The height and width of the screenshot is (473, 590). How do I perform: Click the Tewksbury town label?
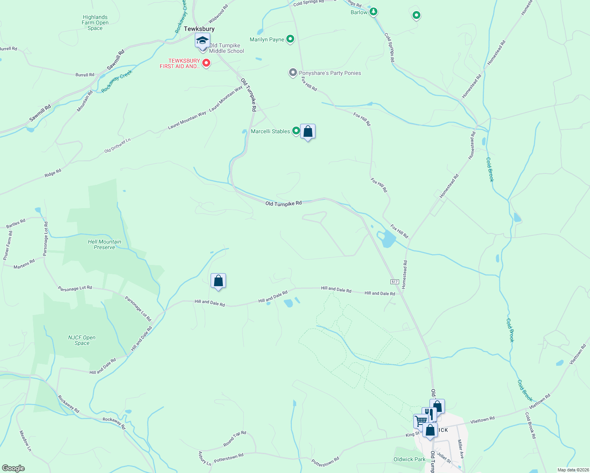pyautogui.click(x=199, y=29)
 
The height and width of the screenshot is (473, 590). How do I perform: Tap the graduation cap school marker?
pyautogui.click(x=203, y=41)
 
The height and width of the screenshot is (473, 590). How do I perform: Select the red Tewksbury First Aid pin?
pyautogui.click(x=206, y=63)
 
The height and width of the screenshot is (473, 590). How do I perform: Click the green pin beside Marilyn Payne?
pyautogui.click(x=290, y=39)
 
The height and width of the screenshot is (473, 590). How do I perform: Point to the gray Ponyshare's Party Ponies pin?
pyautogui.click(x=293, y=73)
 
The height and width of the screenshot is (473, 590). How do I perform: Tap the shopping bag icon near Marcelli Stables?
pyautogui.click(x=308, y=131)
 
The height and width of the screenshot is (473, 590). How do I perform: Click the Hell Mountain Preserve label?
pyautogui.click(x=105, y=244)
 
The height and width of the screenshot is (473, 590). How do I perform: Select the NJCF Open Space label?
pyautogui.click(x=82, y=340)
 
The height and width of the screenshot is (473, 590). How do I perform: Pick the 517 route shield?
pyautogui.click(x=395, y=282)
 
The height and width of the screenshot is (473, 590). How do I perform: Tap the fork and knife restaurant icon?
pyautogui.click(x=429, y=414)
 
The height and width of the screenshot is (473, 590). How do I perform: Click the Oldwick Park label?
pyautogui.click(x=409, y=459)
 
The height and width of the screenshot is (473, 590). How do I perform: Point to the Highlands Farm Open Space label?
pyautogui.click(x=95, y=22)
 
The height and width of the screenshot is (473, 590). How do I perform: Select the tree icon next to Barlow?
pyautogui.click(x=373, y=12)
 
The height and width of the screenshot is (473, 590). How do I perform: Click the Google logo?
pyautogui.click(x=13, y=468)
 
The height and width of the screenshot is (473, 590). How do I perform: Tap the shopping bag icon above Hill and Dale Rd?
pyautogui.click(x=218, y=281)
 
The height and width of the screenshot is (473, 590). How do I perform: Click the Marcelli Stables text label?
pyautogui.click(x=270, y=131)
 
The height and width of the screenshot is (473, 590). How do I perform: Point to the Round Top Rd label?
pyautogui.click(x=235, y=439)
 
